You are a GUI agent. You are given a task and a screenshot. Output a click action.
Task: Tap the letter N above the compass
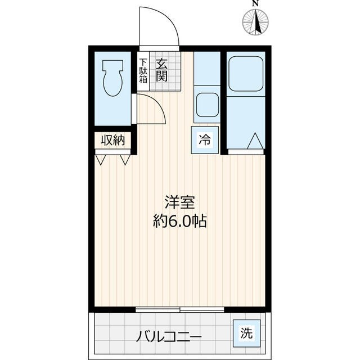pos(255,4)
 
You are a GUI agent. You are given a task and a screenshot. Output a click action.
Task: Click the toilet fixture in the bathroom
pos(112,79)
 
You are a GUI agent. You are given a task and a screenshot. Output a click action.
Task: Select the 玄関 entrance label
pos(161,70)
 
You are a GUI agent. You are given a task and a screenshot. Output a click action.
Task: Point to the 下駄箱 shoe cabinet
pos(143,70)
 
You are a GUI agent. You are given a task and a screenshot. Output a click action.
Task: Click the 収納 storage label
pos(112,141)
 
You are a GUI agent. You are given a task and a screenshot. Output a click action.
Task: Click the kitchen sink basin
pos(206,105)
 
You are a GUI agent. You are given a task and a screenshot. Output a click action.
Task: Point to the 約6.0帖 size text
pos(179,221)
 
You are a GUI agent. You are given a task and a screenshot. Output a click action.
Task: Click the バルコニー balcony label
pos(168,337)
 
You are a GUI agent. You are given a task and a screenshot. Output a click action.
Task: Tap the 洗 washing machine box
pos(245,332)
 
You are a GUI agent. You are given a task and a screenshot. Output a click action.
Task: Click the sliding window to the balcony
pos(180,309)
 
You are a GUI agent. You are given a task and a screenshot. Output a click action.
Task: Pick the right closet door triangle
pos(124,159)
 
